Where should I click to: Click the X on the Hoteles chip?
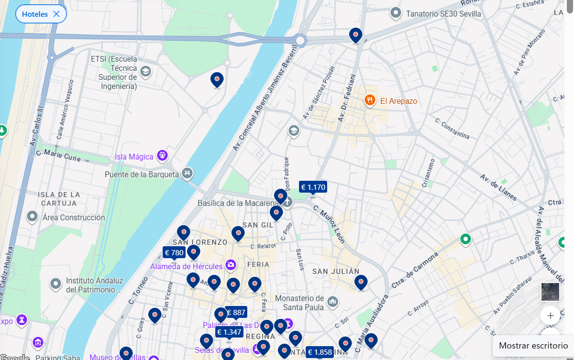pos(56,14)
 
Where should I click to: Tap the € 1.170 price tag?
pos(313,187)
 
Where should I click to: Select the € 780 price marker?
pos(174,252)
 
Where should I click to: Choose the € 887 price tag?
pos(236,313)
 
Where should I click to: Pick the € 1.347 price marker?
pos(229,332)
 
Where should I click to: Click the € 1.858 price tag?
pos(320,352)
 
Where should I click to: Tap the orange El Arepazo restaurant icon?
pos(370,100)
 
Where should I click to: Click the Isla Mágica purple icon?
pos(163,156)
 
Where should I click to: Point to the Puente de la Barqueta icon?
pos(188,173)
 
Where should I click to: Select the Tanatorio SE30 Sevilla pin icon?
pos(396,13)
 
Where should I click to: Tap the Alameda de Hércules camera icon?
pos(231,264)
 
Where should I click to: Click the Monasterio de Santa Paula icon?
pos(332,302)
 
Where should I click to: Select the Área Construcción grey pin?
pos(32,217)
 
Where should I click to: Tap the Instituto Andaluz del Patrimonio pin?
pos(56,284)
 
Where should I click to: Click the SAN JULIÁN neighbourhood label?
pos(336,272)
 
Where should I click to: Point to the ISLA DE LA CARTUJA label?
pos(59,199)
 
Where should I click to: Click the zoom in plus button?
pos(550,316)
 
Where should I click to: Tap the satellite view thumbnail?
pos(550,292)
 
